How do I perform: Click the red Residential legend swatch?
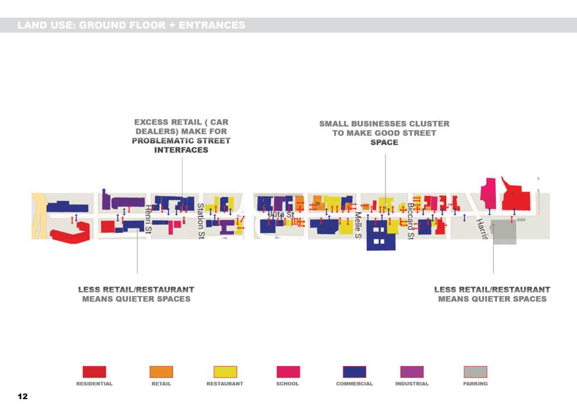tap(94, 372)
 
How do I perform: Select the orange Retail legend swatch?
tap(161, 372)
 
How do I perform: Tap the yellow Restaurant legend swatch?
tap(225, 372)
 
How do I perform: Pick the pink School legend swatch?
tap(288, 372)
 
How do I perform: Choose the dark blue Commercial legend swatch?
tap(354, 372)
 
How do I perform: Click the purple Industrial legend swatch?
tap(412, 372)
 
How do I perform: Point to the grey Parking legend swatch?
tap(475, 372)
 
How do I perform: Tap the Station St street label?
tap(200, 221)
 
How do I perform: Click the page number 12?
tap(23, 397)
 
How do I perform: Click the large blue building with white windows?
tap(380, 235)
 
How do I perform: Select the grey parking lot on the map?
tap(503, 232)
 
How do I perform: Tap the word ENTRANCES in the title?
tap(211, 25)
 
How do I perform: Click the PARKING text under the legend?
tap(475, 384)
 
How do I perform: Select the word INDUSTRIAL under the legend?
tap(412, 384)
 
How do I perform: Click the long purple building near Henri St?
tap(128, 202)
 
